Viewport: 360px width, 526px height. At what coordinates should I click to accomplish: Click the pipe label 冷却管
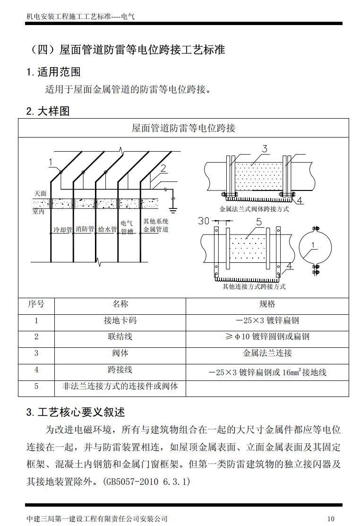[x=62, y=230]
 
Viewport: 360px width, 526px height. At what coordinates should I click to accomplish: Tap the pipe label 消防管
[x=85, y=229]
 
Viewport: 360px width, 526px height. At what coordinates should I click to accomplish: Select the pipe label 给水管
[x=107, y=229]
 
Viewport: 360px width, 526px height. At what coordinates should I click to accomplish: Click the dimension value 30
[x=204, y=220]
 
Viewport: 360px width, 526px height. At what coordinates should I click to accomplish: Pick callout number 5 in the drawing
[x=258, y=222]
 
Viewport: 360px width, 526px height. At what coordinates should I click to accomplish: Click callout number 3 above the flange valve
[x=265, y=149]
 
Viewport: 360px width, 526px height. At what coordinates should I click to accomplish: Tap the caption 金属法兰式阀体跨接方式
[x=254, y=209]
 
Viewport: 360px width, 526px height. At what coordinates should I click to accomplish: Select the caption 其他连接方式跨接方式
[x=254, y=286]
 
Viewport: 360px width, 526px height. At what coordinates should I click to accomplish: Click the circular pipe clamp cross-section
[x=316, y=246]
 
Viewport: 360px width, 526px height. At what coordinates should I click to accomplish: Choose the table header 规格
[x=267, y=304]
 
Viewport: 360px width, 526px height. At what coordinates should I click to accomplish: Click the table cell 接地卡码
[x=120, y=320]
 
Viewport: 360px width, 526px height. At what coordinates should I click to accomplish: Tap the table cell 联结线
[x=120, y=336]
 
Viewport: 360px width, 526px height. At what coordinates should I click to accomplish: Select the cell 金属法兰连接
[x=267, y=353]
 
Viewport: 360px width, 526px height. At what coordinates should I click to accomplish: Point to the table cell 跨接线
[x=120, y=370]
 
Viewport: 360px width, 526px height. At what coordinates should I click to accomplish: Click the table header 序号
[x=36, y=304]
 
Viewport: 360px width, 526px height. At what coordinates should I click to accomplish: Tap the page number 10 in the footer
[x=330, y=518]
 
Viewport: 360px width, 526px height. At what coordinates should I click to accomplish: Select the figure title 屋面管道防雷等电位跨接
[x=183, y=128]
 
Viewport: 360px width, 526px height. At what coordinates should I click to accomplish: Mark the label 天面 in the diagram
[x=40, y=194]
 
